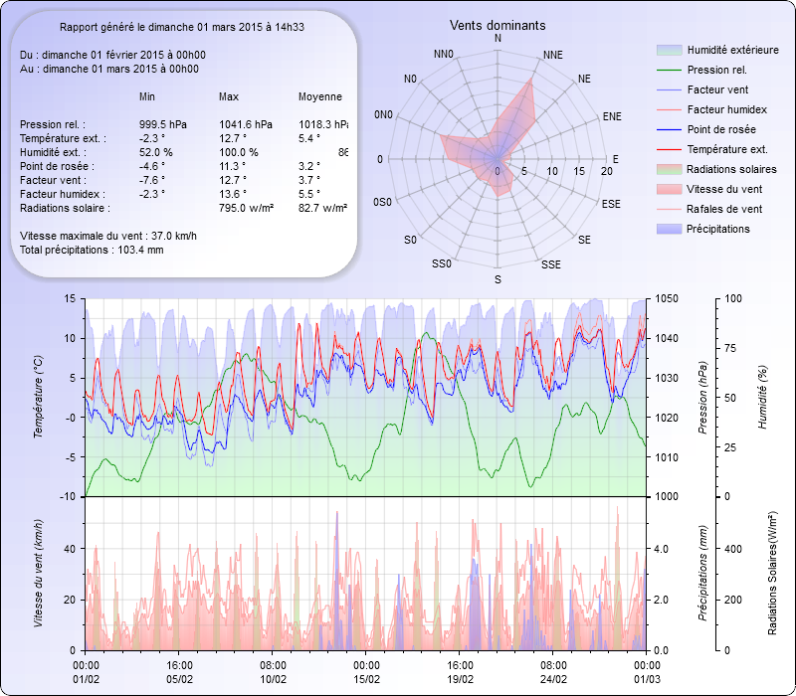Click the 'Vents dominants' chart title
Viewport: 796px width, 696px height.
pyautogui.click(x=497, y=25)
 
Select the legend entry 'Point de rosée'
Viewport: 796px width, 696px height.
pyautogui.click(x=720, y=130)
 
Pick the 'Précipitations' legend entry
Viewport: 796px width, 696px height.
pyautogui.click(x=718, y=229)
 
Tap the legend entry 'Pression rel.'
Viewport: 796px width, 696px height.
pyautogui.click(x=716, y=70)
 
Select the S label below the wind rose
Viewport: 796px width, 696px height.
pyautogui.click(x=497, y=280)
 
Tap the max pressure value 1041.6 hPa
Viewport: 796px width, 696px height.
pyautogui.click(x=246, y=124)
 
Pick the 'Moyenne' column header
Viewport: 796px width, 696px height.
pyautogui.click(x=319, y=96)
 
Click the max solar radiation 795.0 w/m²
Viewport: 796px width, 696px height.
pyautogui.click(x=248, y=208)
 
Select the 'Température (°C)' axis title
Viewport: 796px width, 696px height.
pyautogui.click(x=39, y=398)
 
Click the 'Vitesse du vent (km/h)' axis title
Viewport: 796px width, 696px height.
pyautogui.click(x=39, y=573)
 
